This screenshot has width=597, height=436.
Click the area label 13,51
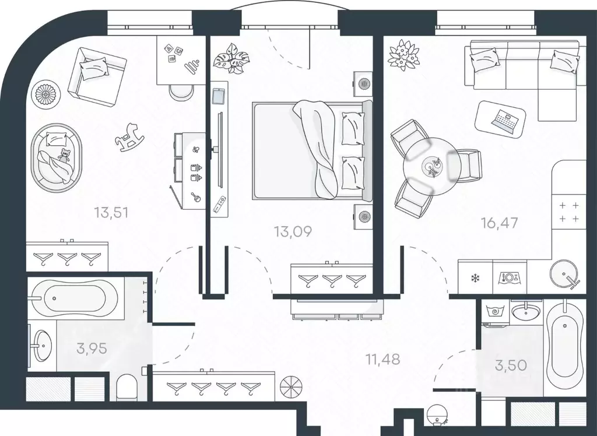(x=111, y=213)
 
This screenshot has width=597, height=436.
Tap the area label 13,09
(x=293, y=231)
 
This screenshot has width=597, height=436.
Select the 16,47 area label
(x=500, y=223)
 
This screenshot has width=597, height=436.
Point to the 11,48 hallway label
(x=382, y=358)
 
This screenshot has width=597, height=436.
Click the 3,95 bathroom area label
(x=92, y=348)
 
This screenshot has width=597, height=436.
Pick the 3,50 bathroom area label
(x=511, y=365)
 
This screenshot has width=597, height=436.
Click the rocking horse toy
(x=130, y=137)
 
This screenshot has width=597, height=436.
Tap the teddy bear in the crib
(x=65, y=156)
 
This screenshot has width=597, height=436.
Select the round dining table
(x=432, y=166)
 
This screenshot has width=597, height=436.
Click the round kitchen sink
(x=564, y=273)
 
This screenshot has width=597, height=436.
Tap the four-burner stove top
(x=569, y=212)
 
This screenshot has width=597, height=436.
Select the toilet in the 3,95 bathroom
(x=127, y=387)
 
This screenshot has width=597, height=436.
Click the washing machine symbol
(x=495, y=311)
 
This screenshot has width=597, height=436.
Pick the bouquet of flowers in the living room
(x=403, y=55)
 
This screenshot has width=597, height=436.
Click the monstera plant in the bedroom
(x=231, y=58)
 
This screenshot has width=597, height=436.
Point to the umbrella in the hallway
(x=291, y=386)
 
